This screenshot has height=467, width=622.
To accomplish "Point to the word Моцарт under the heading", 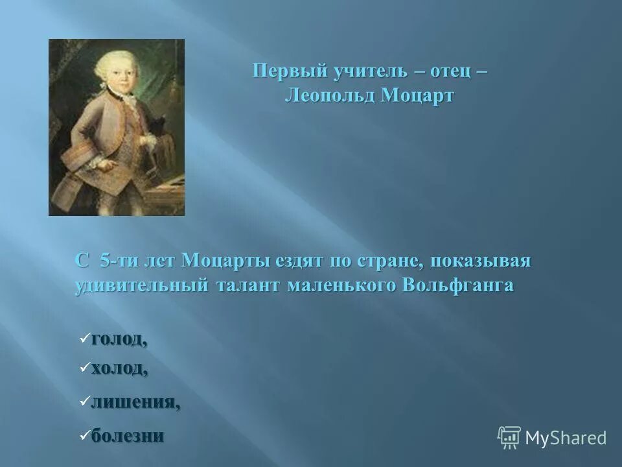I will click(x=418, y=96).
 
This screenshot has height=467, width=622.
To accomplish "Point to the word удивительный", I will click(x=139, y=285).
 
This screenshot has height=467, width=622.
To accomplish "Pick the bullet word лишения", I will click(x=135, y=403).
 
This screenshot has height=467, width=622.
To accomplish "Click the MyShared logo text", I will click(x=566, y=438).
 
